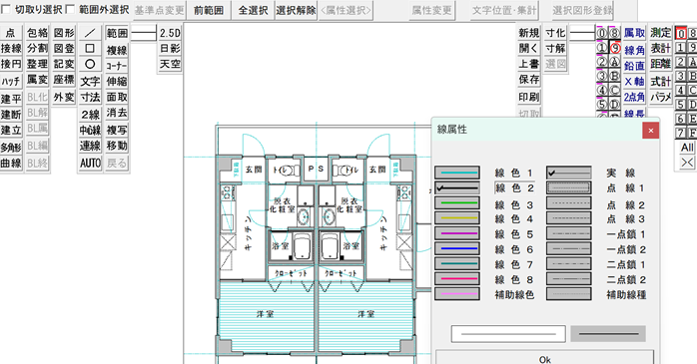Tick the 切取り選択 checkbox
8,10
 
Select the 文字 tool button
90,81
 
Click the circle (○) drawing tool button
90,65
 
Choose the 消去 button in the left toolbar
116,114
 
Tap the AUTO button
90,162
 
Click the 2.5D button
170,33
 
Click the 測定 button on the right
660,33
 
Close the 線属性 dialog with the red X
650,130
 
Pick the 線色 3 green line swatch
458,203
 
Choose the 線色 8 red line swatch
458,279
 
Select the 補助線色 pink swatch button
458,294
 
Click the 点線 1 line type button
572,187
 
